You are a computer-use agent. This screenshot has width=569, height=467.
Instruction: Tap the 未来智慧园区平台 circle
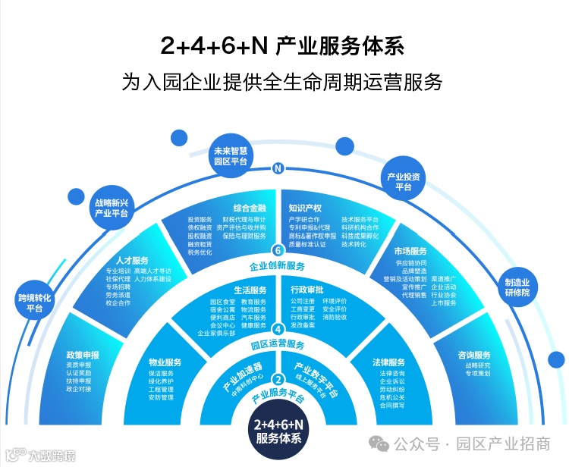231,155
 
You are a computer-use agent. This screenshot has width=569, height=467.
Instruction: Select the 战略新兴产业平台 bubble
112,208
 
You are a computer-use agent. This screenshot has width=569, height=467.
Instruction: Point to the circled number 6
278,251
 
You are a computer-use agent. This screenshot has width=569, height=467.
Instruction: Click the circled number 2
278,380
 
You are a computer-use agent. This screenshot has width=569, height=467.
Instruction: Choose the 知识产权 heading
306,208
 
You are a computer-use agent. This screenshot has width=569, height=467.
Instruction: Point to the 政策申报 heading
82,355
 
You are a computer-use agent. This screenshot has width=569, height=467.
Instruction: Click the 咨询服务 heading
474,355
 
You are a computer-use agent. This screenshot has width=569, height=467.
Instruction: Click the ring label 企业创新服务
278,266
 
